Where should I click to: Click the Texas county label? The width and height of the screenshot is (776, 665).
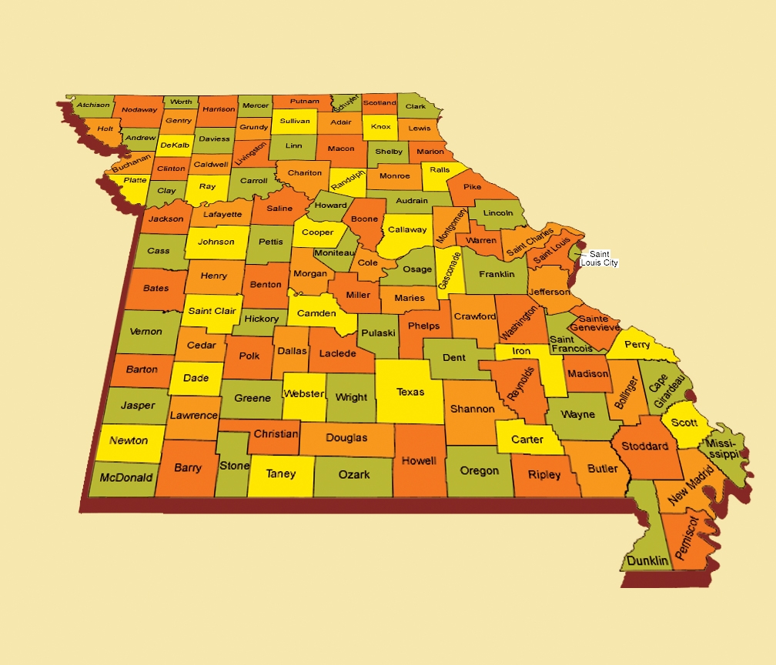(410, 392)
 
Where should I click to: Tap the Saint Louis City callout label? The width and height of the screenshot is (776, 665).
(600, 259)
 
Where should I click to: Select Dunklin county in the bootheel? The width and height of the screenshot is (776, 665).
(647, 560)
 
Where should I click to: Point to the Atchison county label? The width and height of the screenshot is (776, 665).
(93, 105)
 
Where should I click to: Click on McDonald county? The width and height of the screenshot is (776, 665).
(127, 477)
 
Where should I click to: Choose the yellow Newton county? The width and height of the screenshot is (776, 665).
(129, 441)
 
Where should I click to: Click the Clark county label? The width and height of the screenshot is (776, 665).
(416, 106)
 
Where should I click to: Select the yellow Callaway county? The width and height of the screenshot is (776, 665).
(407, 229)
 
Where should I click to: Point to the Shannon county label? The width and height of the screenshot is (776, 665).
(472, 409)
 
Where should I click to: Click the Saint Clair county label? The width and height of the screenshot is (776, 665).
(212, 311)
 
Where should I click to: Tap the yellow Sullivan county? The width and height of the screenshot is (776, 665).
(295, 121)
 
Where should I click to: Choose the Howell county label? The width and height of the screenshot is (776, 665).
(419, 461)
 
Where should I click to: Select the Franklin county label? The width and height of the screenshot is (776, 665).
(497, 274)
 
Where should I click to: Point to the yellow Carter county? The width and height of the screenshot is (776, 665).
(527, 439)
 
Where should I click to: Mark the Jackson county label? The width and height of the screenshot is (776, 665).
(166, 219)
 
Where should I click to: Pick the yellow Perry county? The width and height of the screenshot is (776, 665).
(637, 345)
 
